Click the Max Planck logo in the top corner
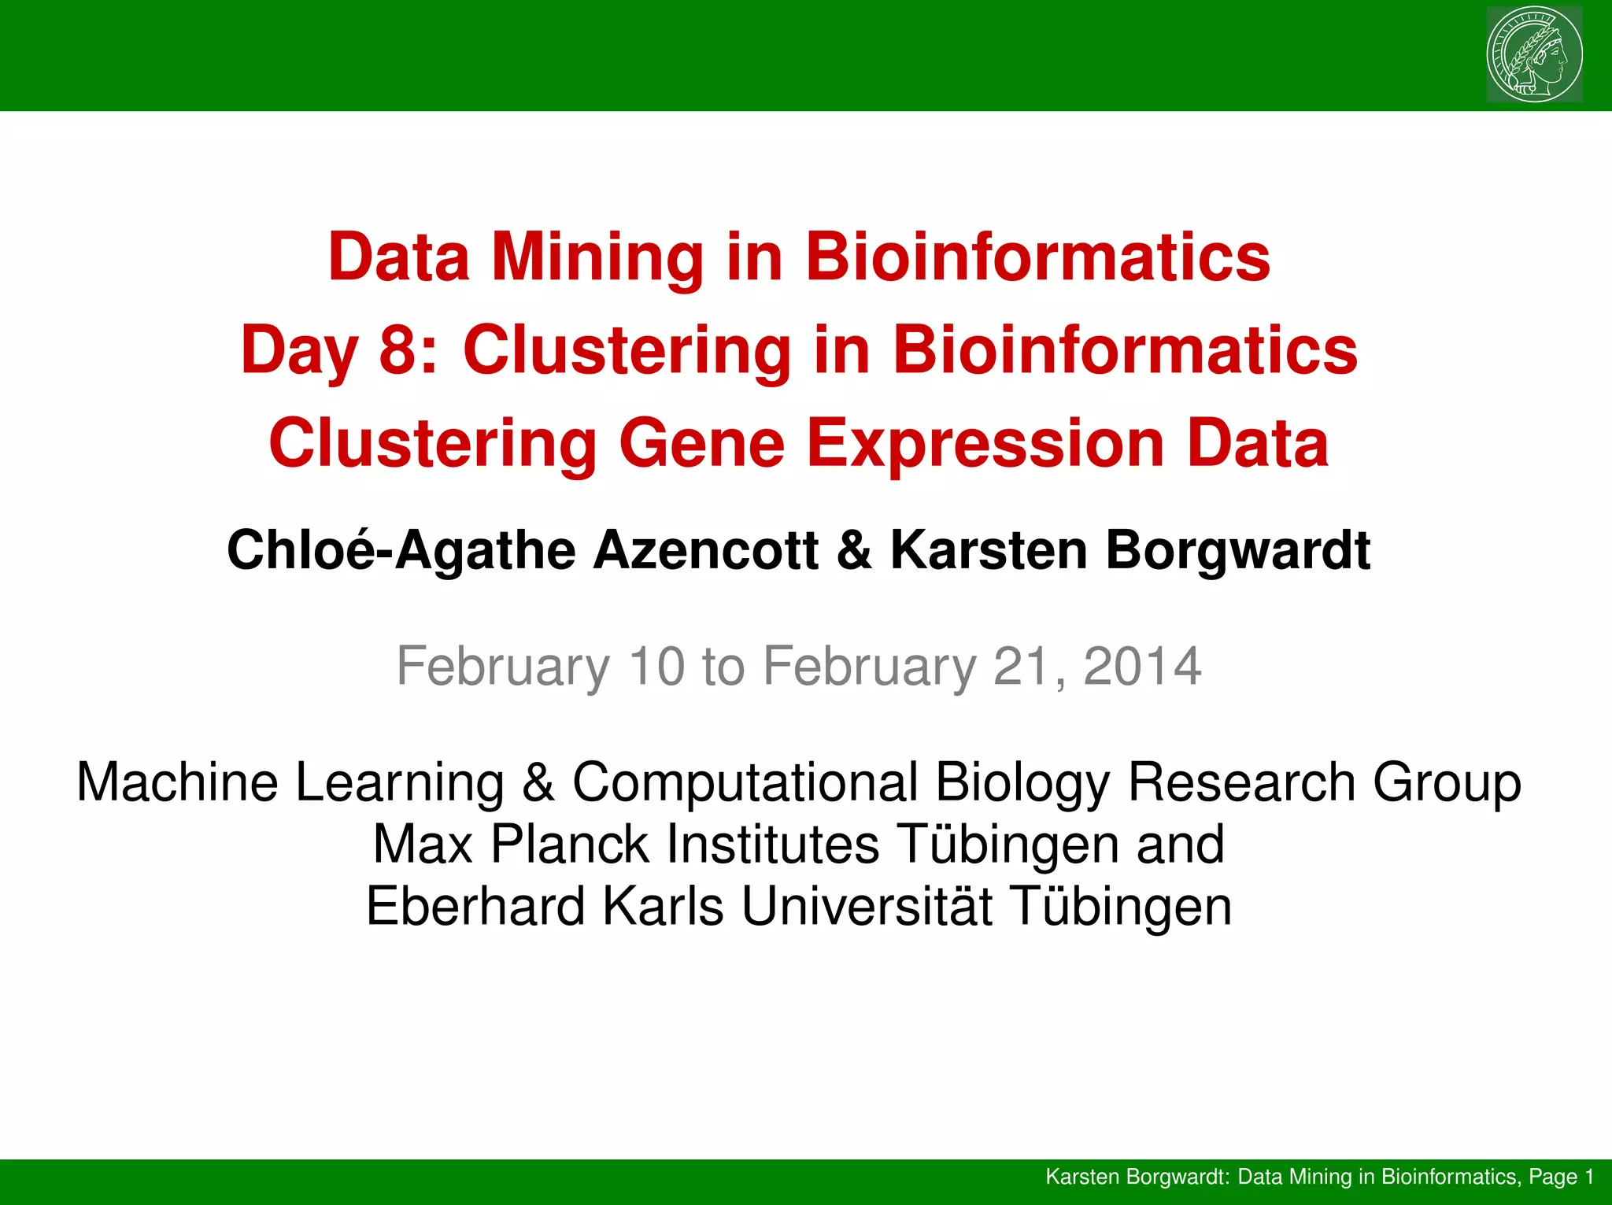click(1534, 54)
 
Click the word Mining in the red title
click(598, 257)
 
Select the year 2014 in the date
click(1142, 666)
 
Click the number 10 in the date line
click(656, 666)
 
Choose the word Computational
click(745, 782)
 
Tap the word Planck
click(570, 844)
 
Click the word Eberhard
click(475, 906)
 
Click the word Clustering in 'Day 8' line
click(627, 350)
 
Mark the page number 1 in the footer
click(1589, 1177)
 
